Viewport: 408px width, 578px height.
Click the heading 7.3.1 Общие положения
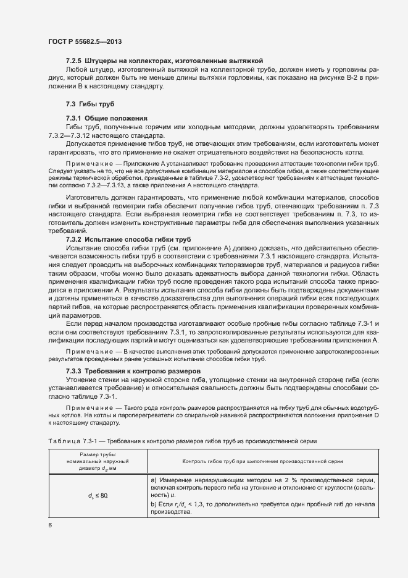click(106, 117)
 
